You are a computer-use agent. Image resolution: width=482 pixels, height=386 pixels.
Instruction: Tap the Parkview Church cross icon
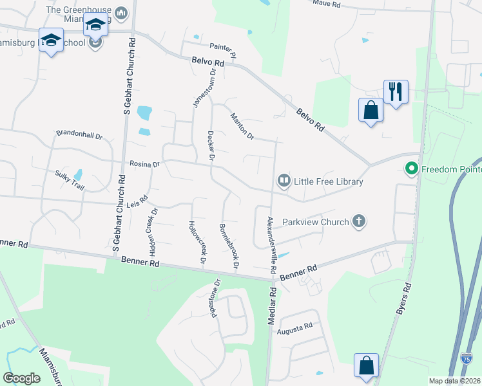tap(359, 222)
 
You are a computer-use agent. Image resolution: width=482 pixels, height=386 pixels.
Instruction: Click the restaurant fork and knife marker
tap(394, 91)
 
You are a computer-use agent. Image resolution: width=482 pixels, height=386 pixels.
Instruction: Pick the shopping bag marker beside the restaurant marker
tap(371, 109)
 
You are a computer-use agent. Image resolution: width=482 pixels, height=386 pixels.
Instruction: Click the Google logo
tap(22, 378)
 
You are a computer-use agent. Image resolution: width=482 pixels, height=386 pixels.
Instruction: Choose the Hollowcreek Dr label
tap(197, 243)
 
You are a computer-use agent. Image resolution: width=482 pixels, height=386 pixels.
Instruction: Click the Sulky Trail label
tap(70, 179)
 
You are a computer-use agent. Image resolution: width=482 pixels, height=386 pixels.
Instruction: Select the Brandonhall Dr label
tap(79, 136)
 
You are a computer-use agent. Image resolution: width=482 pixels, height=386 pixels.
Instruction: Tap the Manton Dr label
tap(243, 126)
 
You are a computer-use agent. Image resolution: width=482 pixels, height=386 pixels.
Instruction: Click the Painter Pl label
tap(224, 46)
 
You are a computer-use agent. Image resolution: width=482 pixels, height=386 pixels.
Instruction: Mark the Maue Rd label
tap(326, 4)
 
